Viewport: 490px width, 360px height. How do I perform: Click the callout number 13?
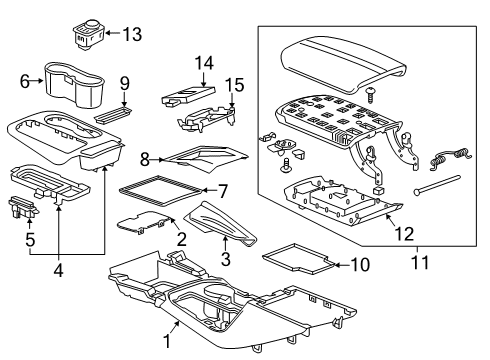pyautogui.click(x=131, y=35)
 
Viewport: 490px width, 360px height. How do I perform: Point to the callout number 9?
pyautogui.click(x=125, y=82)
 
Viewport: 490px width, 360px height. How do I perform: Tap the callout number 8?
pyautogui.click(x=145, y=158)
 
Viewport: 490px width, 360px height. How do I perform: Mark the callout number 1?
pyautogui.click(x=167, y=340)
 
